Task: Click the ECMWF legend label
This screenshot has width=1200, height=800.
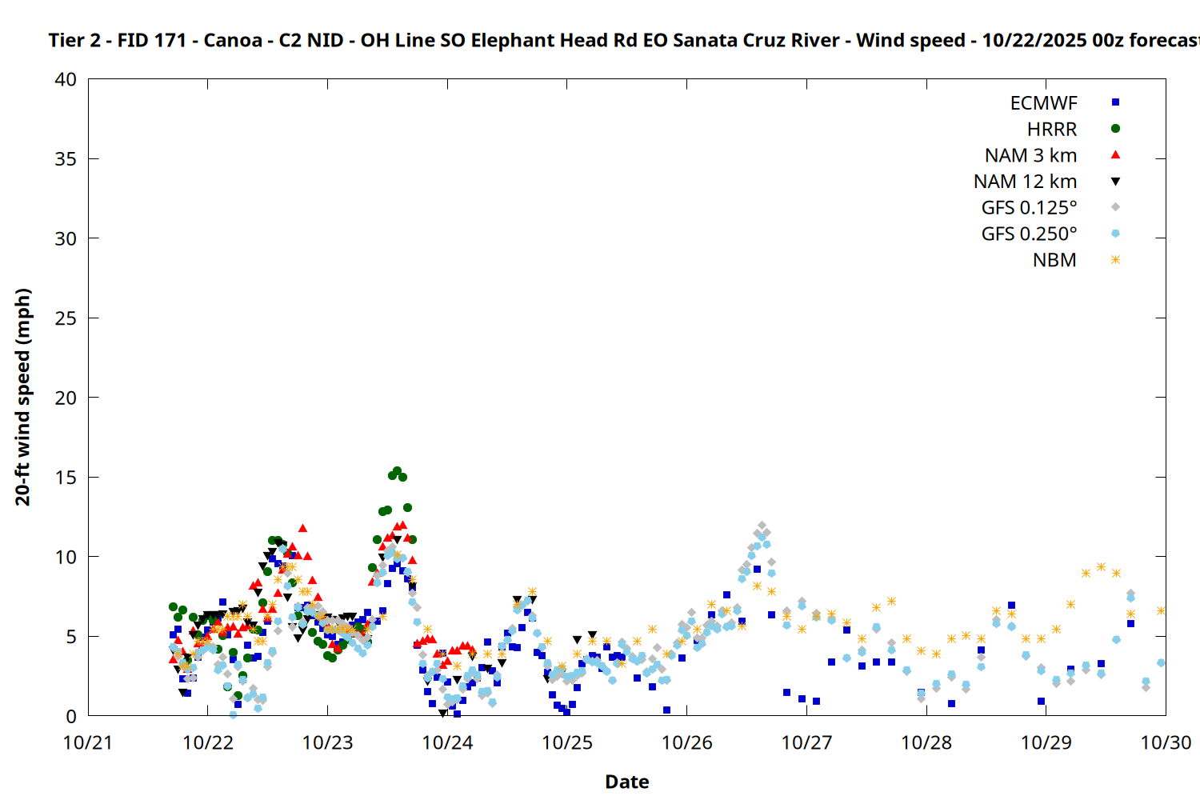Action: point(1043,103)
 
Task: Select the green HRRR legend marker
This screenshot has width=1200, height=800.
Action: point(1115,129)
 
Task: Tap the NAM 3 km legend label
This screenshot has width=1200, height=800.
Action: point(1030,155)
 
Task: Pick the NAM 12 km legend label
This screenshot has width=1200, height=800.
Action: point(1025,182)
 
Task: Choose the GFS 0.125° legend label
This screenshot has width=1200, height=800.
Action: point(1029,208)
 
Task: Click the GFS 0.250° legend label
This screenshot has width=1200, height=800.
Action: point(1029,234)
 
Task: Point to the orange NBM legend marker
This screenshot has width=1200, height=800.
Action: point(1115,260)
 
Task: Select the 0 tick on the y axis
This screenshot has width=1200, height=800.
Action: point(71,716)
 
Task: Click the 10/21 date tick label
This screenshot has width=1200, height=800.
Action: point(88,742)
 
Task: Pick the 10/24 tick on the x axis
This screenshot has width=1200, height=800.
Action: point(447,742)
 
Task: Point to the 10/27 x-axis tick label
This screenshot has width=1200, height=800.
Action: point(806,742)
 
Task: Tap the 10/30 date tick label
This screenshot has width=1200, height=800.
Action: point(1166,742)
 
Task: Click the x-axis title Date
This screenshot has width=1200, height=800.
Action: point(626,782)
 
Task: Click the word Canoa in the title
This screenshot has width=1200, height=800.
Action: point(233,40)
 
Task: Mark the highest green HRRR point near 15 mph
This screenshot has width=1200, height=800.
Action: point(397,471)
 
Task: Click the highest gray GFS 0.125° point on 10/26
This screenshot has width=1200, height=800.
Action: point(762,526)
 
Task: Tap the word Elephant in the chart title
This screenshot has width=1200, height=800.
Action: point(507,40)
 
